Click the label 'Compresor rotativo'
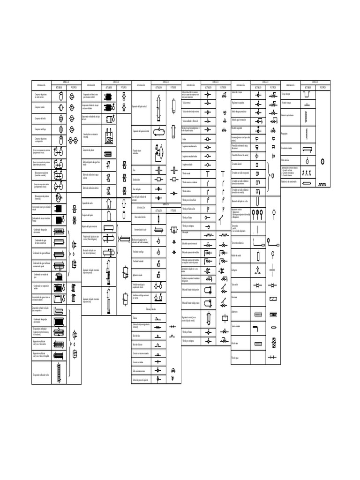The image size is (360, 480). pyautogui.click(x=40, y=107)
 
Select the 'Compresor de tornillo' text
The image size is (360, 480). pyautogui.click(x=40, y=118)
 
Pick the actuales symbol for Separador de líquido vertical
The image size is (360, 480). pyautogui.click(x=159, y=106)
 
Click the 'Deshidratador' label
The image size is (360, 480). pyautogui.click(x=136, y=180)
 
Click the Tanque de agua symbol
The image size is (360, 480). pyautogui.click(x=307, y=95)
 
